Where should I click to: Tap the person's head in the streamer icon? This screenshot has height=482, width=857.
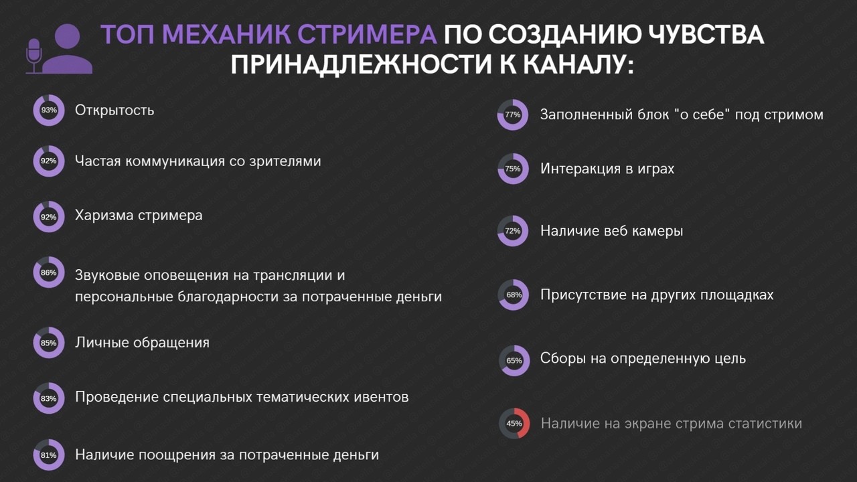click(68, 36)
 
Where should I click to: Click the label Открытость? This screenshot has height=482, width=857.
click(114, 110)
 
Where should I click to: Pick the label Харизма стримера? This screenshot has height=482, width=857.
click(139, 216)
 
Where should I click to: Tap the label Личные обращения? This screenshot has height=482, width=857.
click(143, 343)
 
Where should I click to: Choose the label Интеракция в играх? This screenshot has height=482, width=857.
click(607, 169)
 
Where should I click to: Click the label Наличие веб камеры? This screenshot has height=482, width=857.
click(612, 231)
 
